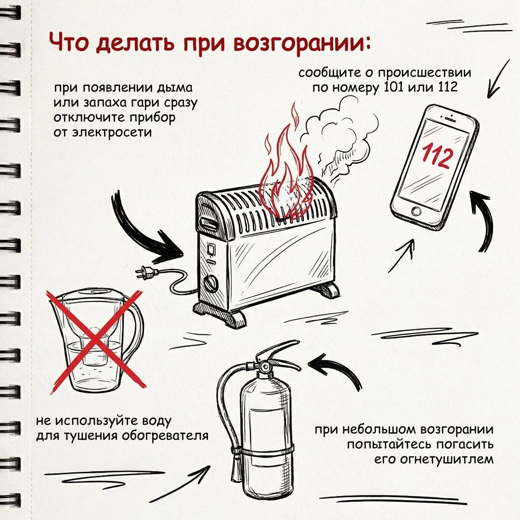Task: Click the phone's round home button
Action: click(416, 210)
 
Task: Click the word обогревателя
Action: click(165, 436)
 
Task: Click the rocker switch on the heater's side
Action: click(211, 249)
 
